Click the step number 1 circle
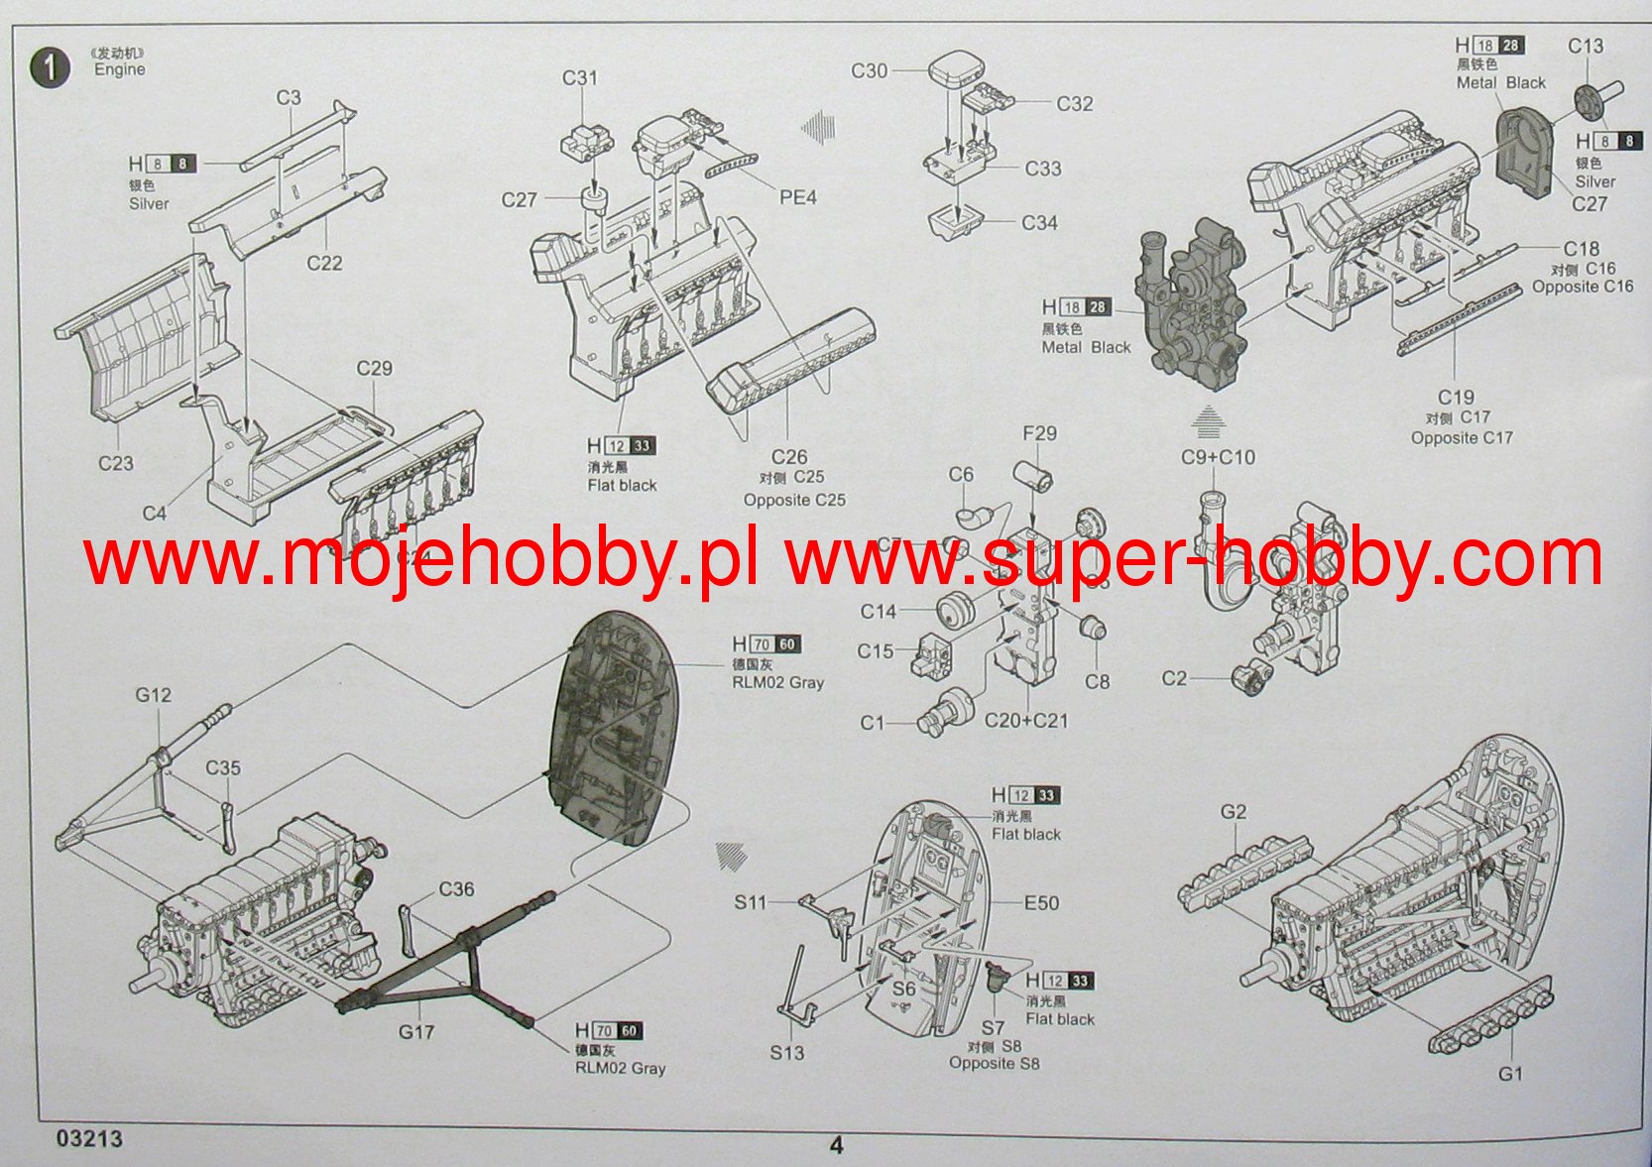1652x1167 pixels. click(51, 67)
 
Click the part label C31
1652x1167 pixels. click(580, 77)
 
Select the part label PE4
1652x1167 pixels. click(797, 197)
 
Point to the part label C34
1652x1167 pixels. click(1039, 223)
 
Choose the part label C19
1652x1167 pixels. click(1456, 398)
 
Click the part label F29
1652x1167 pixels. click(1039, 433)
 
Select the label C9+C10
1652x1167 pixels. click(1218, 457)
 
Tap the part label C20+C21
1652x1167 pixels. click(1026, 721)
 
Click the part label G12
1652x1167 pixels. click(154, 695)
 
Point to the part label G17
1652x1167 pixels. click(416, 1032)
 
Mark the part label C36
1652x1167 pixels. click(456, 889)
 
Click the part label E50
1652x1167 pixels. click(1041, 903)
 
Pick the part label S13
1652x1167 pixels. click(787, 1052)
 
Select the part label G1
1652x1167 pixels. click(1510, 1074)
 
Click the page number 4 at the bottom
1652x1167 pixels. click(836, 1145)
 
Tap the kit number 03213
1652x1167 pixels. click(90, 1138)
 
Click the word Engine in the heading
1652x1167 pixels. click(120, 69)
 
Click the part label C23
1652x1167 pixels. click(116, 463)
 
